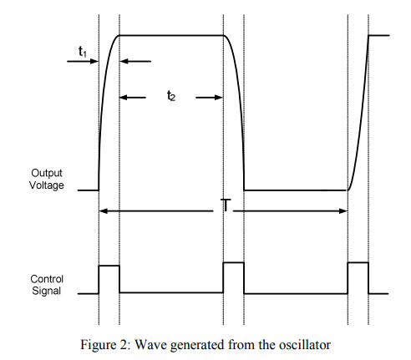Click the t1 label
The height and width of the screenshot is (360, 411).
coord(83,52)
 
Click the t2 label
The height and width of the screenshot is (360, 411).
coord(171,96)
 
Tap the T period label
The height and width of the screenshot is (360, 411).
coord(226,205)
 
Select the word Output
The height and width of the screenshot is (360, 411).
coord(47,173)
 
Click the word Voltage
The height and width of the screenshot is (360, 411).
coord(47,185)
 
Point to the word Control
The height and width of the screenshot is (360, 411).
coord(47,279)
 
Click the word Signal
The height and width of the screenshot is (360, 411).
coord(46,291)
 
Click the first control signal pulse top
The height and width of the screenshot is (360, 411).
coord(109,266)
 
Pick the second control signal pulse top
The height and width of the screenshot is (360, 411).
coord(234,262)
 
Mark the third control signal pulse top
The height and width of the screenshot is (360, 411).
coord(358,262)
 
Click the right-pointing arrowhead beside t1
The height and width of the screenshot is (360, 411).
coord(94,61)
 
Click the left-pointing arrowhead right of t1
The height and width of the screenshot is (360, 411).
coord(124,61)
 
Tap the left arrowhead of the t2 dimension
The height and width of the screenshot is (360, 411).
coord(124,98)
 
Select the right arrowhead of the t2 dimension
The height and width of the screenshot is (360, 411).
coord(219,98)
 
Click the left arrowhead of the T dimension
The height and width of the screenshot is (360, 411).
coord(104,211)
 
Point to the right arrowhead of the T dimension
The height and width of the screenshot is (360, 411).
coord(343,211)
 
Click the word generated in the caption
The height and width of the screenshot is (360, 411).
coord(197,345)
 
